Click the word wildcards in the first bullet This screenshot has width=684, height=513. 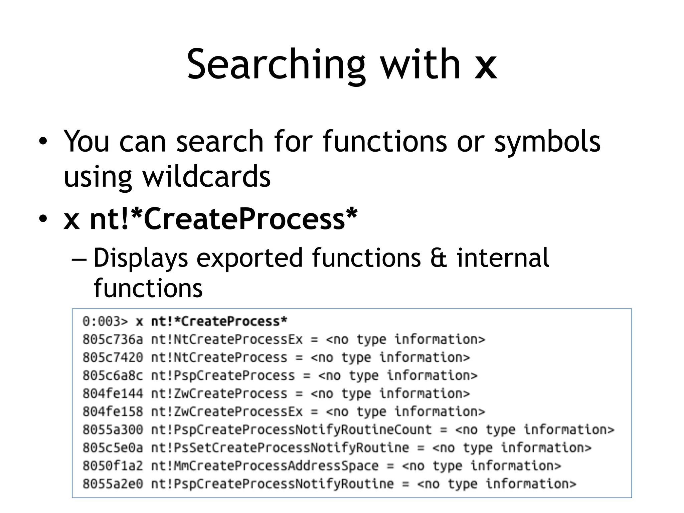point(206,177)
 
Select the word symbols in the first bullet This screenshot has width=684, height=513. point(547,142)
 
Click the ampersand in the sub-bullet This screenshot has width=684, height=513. point(439,258)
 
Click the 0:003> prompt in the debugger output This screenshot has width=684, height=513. point(105,321)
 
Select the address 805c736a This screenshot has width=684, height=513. point(113,339)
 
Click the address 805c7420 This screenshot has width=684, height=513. point(113,357)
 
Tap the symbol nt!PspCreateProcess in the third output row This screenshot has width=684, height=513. point(223,375)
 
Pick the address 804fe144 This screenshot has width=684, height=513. point(113,393)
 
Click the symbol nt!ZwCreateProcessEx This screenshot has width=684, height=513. point(227,411)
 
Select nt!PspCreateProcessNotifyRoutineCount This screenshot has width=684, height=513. point(291,430)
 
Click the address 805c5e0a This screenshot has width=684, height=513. point(113,448)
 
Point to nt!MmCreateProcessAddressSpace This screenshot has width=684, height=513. point(265,466)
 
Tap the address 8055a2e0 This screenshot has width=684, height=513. point(113,484)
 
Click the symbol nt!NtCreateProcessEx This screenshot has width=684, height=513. point(227,339)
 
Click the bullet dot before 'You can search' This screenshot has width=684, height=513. point(43,141)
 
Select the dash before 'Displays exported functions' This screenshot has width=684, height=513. point(79,259)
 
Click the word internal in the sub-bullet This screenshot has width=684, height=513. point(503,258)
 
